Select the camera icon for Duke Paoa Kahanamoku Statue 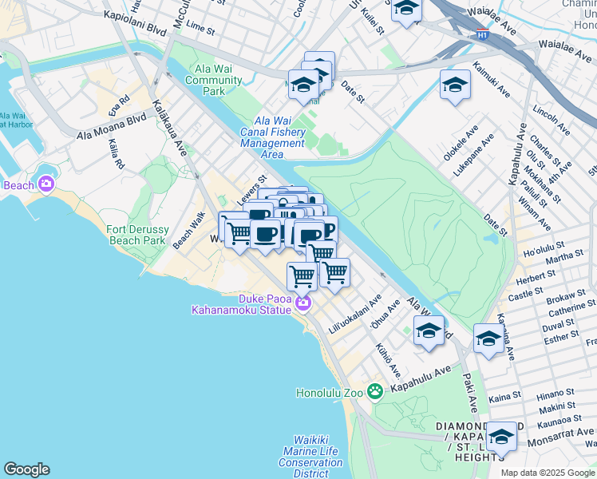(x=302, y=303)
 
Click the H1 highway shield (x=481, y=34)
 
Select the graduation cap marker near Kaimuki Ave (x=455, y=85)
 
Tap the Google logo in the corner (x=26, y=469)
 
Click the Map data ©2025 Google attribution (x=547, y=473)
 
